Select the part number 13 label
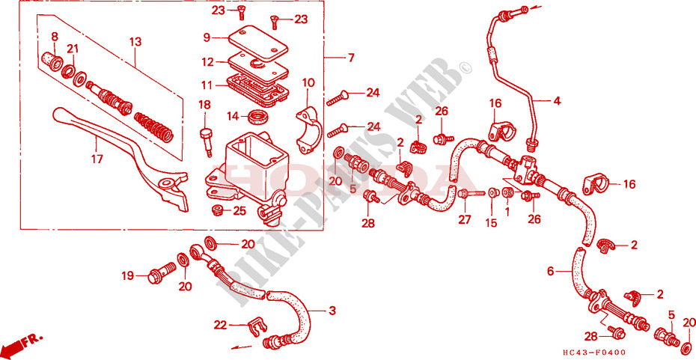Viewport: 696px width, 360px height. (x=135, y=42)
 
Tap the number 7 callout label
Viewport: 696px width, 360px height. (x=349, y=58)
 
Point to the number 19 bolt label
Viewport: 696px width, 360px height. (x=128, y=276)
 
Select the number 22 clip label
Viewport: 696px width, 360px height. (x=219, y=324)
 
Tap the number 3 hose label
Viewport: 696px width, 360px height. (x=332, y=311)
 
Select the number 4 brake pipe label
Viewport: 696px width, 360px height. (x=557, y=100)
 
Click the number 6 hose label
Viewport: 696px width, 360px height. (x=551, y=272)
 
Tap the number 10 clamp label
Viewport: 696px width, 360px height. (x=308, y=82)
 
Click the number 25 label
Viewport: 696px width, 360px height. (x=239, y=211)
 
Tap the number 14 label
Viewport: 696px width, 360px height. (x=233, y=116)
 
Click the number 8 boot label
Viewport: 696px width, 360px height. (x=54, y=37)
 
